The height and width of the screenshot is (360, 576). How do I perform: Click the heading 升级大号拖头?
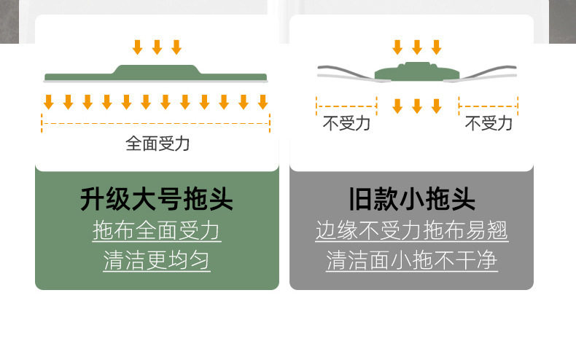(x=157, y=199)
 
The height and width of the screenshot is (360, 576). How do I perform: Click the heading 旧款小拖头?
(x=412, y=199)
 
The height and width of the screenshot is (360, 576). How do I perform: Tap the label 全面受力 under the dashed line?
(x=157, y=144)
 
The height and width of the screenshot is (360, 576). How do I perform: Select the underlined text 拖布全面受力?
(x=157, y=231)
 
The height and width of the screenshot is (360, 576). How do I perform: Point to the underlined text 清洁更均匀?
(x=157, y=260)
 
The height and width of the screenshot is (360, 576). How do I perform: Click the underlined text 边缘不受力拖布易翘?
(x=412, y=231)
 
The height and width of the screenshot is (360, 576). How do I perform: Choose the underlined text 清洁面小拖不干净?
(x=412, y=260)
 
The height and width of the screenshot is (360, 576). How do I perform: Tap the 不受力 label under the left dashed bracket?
(x=346, y=123)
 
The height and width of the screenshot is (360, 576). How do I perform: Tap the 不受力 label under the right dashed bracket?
(x=489, y=123)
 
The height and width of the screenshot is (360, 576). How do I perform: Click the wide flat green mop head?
(x=156, y=74)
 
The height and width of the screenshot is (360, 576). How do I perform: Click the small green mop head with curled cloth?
(x=417, y=72)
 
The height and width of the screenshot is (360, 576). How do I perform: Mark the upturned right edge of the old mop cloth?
(x=489, y=72)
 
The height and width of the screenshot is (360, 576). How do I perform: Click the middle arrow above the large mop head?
(x=157, y=47)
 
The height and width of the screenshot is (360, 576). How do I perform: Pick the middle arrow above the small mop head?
(x=417, y=47)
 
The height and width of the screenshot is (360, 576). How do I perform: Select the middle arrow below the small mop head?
(x=417, y=106)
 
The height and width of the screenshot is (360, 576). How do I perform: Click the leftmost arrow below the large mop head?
(x=49, y=102)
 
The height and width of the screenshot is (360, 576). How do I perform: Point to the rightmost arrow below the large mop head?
(x=262, y=102)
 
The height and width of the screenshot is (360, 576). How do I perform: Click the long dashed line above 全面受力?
(x=156, y=123)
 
